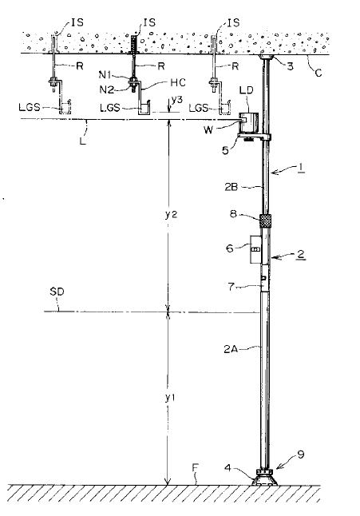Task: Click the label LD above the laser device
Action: (246, 90)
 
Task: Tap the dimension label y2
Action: (171, 215)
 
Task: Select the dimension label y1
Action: (170, 398)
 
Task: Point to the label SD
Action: (57, 292)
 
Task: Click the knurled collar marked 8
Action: (267, 220)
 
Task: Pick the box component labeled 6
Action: (255, 250)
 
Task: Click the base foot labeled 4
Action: (265, 478)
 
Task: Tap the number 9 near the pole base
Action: (300, 454)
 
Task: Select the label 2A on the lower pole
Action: (231, 349)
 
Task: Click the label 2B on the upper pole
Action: (231, 187)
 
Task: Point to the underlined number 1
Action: (300, 168)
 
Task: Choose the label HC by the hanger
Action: (178, 82)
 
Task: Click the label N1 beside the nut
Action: (105, 75)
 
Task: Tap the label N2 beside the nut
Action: (106, 89)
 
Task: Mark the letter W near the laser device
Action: (208, 130)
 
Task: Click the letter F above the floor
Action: (196, 467)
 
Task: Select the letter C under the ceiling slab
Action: (318, 73)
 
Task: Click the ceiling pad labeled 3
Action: (267, 58)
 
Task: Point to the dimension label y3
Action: (177, 100)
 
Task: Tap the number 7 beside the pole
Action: (231, 287)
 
